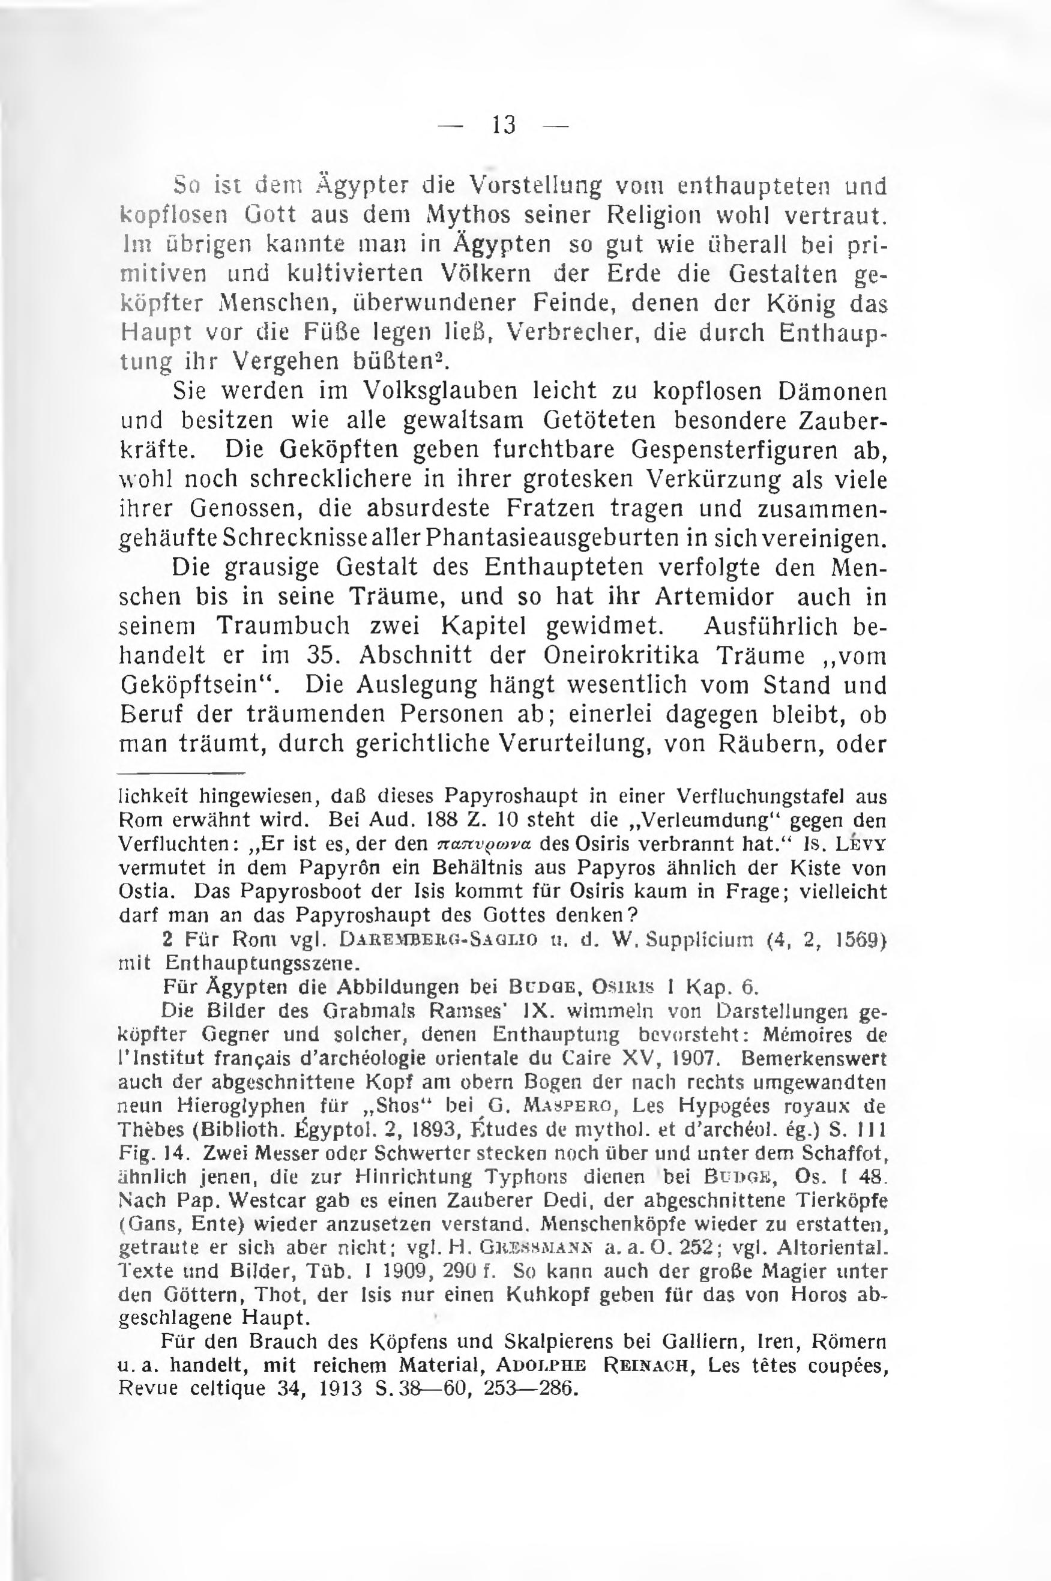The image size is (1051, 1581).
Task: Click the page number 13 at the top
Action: point(504,125)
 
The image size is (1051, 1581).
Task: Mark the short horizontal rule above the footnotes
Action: point(182,772)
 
